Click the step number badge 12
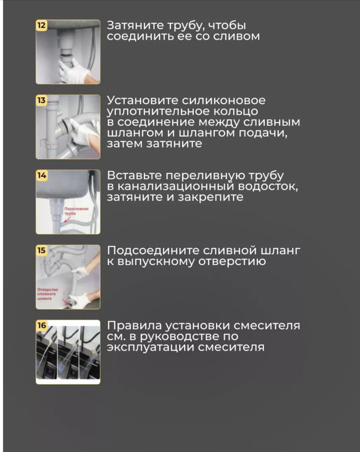tap(42, 25)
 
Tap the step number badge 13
tap(42, 100)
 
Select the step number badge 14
tap(42, 175)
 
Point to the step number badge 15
tap(42, 251)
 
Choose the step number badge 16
tap(42, 326)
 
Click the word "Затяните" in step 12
tap(135, 26)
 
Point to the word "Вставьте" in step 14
tap(134, 176)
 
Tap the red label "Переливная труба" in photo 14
tap(76, 211)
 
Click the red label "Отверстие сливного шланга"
tap(47, 294)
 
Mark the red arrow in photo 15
tap(66, 302)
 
